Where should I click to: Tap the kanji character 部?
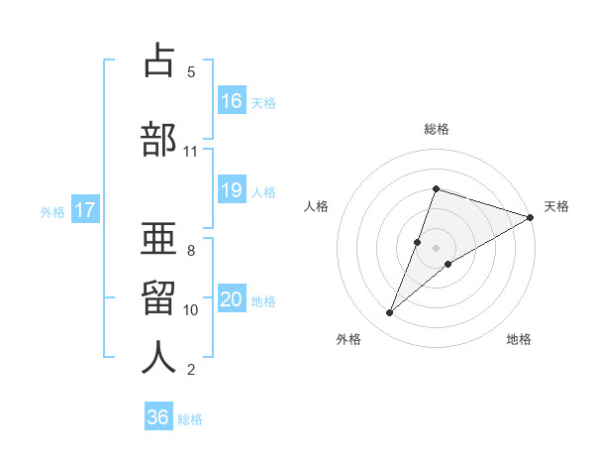pos(159,140)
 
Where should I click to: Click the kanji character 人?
pos(159,358)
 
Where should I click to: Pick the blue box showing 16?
pos(232,101)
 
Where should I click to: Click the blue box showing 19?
pos(232,190)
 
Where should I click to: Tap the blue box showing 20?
pos(232,299)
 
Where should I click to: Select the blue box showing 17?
pos(84,210)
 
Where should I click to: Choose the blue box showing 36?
pos(158,417)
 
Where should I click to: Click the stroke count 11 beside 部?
pos(191,152)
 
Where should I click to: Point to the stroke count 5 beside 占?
pos(191,72)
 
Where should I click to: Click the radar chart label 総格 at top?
pos(436,129)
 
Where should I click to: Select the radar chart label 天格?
pos(556,206)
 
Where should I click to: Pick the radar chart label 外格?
pos(348,339)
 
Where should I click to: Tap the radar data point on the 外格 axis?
pos(390,313)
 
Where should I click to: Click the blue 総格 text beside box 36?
pos(190,418)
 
